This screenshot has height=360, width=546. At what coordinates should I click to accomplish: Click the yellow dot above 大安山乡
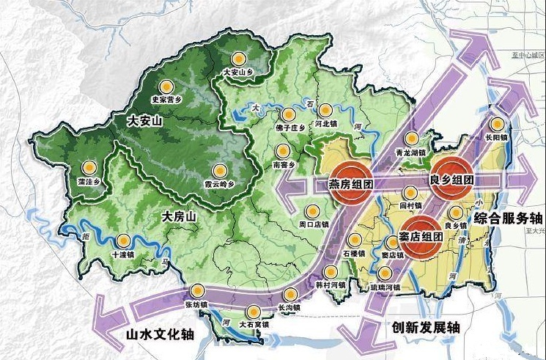click(237, 59)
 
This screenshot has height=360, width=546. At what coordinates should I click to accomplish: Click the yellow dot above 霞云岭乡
click(218, 169)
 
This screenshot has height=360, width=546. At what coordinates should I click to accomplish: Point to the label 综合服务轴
click(509, 218)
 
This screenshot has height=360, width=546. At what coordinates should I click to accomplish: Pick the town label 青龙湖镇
click(410, 153)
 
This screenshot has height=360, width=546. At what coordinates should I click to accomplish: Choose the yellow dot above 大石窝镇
click(254, 311)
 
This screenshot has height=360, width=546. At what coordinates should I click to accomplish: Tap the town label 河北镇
click(325, 125)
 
